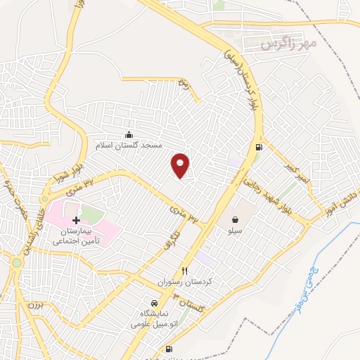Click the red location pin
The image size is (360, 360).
click(181, 165)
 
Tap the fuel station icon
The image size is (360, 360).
click(259, 148)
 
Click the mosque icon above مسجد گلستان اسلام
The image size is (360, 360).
click(128, 134)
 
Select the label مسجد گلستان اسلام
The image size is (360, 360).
click(129, 145)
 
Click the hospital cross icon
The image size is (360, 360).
click(76, 220)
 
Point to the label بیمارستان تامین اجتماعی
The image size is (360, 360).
click(76, 236)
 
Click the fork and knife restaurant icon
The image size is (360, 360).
click(185, 271)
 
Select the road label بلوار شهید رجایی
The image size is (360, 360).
click(268, 197)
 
